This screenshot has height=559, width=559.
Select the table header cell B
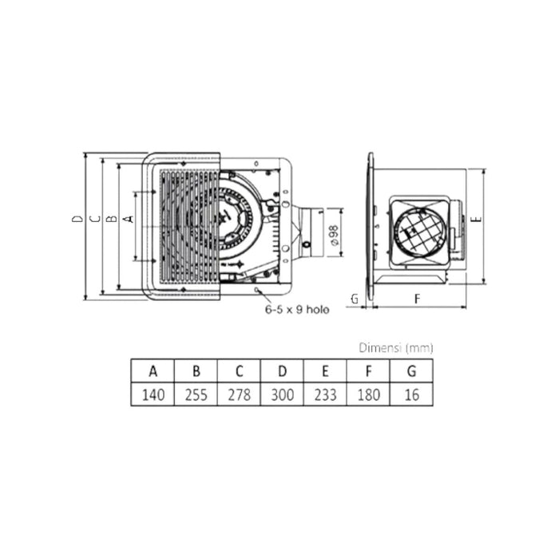(x=195, y=371)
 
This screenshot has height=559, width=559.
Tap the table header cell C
(x=238, y=371)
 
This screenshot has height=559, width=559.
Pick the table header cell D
(x=281, y=371)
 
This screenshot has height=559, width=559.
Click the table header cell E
(x=324, y=371)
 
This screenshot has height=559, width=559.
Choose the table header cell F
(x=367, y=371)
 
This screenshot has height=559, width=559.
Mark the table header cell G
(x=410, y=371)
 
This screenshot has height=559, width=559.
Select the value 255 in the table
(x=195, y=394)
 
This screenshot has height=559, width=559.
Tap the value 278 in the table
(x=238, y=394)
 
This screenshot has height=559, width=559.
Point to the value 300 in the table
(x=281, y=394)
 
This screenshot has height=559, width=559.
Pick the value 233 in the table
(x=324, y=394)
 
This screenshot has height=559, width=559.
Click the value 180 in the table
(x=367, y=394)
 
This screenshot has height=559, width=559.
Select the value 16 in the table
(x=410, y=394)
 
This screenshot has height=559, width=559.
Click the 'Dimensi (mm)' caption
(x=395, y=348)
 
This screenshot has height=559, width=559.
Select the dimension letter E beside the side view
(x=476, y=218)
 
